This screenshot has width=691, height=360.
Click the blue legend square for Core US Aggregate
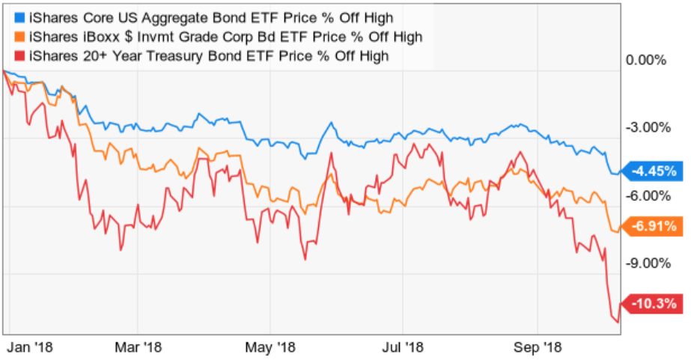pyautogui.click(x=19, y=16)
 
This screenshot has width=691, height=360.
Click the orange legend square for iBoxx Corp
pyautogui.click(x=19, y=36)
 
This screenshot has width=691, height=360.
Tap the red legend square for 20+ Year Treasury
pyautogui.click(x=19, y=55)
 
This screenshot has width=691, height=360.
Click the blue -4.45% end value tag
pyautogui.click(x=654, y=171)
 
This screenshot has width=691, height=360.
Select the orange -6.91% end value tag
pyautogui.click(x=654, y=225)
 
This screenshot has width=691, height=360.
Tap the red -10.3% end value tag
pyautogui.click(x=654, y=303)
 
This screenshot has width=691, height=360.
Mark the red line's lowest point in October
pyautogui.click(x=618, y=323)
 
